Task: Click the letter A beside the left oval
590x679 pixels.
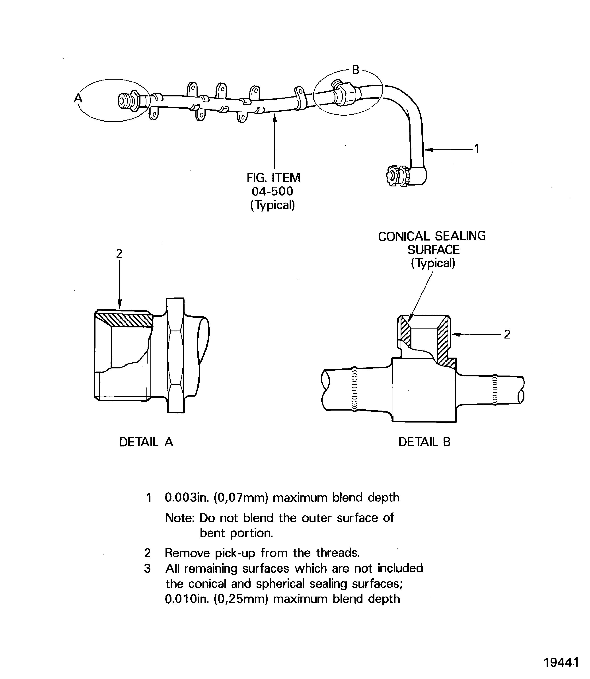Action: [x=78, y=98]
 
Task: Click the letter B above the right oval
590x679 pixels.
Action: [x=356, y=70]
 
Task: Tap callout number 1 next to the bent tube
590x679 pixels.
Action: [x=476, y=149]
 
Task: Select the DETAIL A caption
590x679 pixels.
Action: [x=146, y=442]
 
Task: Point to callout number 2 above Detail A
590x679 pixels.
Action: [x=119, y=253]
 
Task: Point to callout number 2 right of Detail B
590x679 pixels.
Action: [x=507, y=334]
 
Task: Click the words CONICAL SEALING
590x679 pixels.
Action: [x=432, y=236]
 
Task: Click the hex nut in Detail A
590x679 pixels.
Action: [x=175, y=355]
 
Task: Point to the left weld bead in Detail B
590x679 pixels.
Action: [x=354, y=389]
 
